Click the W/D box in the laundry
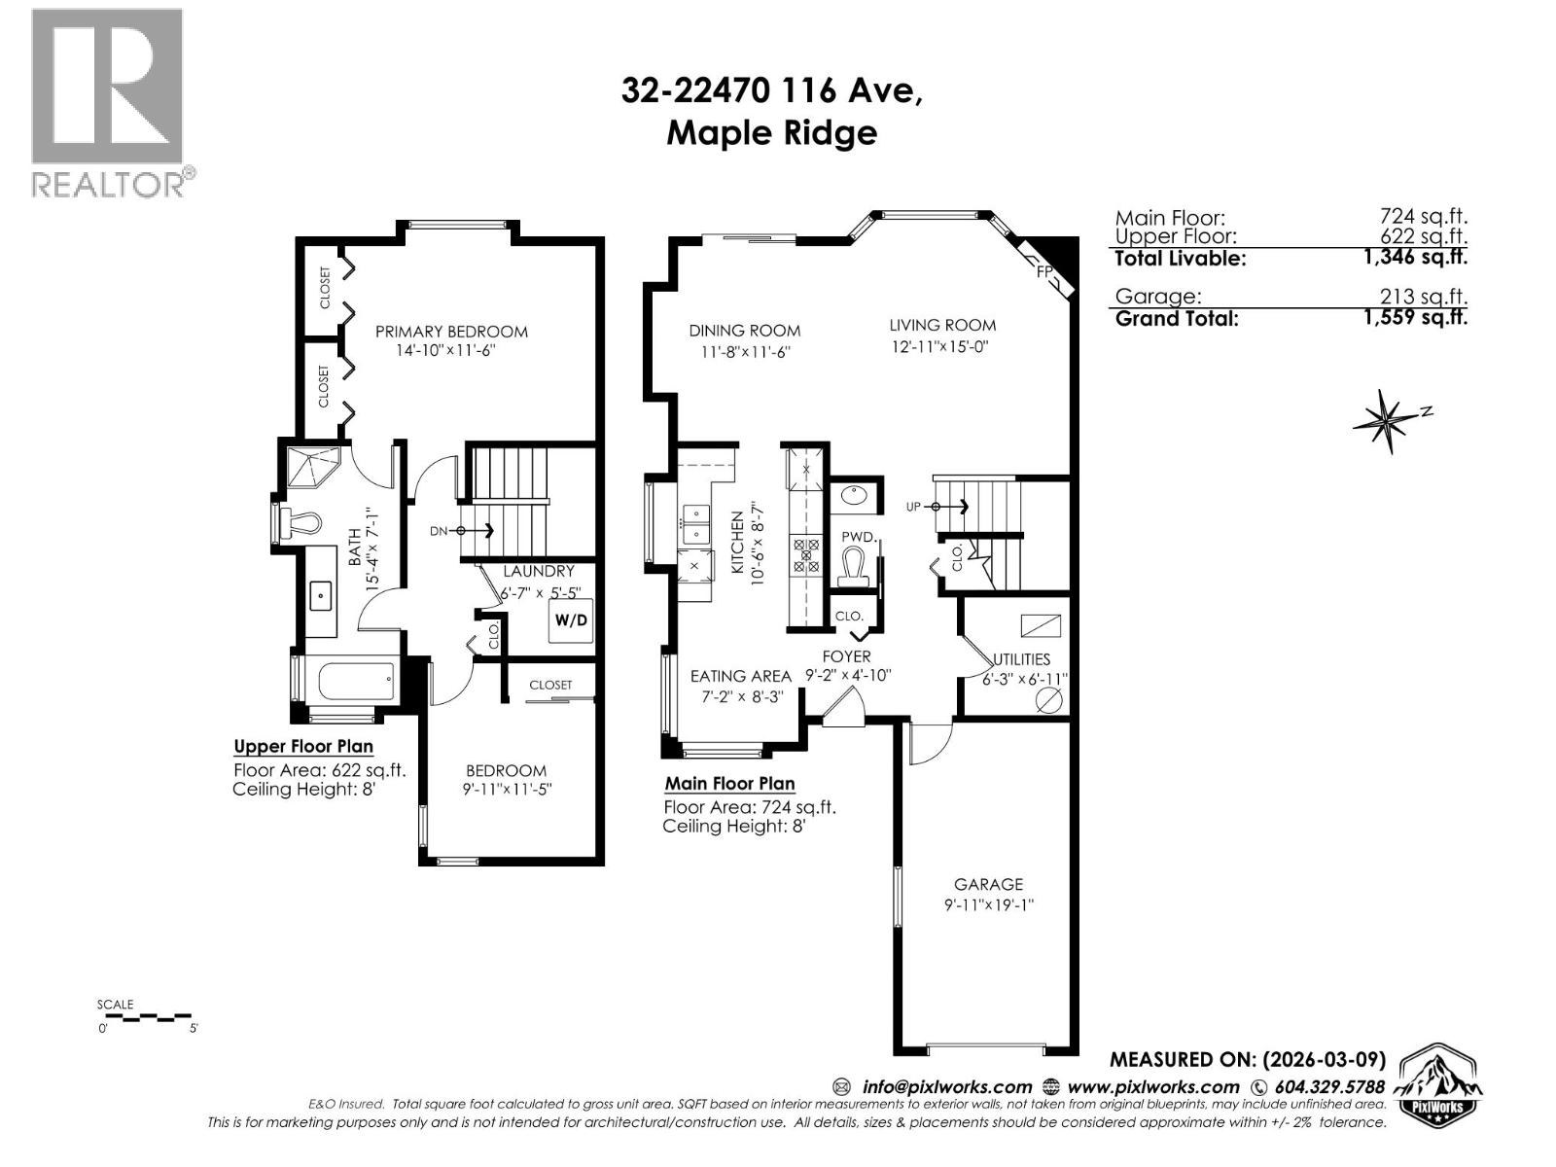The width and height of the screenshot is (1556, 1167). [571, 620]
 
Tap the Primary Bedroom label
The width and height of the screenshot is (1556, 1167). [451, 332]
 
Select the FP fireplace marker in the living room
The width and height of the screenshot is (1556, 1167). [1045, 271]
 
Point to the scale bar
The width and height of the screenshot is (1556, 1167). [147, 1017]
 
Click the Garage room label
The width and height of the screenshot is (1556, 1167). [988, 884]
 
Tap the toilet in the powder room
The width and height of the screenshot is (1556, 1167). [853, 568]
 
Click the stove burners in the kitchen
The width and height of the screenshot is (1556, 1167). [806, 554]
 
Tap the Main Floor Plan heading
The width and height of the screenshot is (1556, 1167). [729, 783]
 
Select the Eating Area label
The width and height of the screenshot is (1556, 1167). [740, 676]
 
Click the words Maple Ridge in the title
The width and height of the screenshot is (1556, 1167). [771, 133]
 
